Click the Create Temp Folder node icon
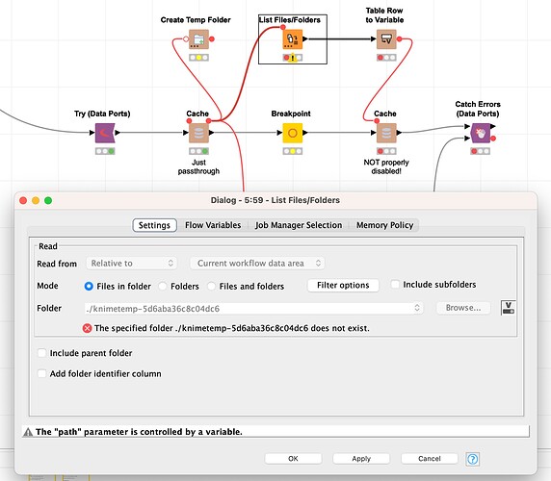[x=198, y=38]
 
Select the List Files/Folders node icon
[x=293, y=38]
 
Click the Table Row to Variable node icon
[x=386, y=38]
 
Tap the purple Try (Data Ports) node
[x=105, y=133]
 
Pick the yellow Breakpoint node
[x=293, y=133]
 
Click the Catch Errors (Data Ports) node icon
[x=481, y=133]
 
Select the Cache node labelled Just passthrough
[x=198, y=133]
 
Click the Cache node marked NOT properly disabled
[x=386, y=133]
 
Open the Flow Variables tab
[x=213, y=225]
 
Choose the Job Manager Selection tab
[x=299, y=225]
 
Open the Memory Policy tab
[x=384, y=225]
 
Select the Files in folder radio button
[x=89, y=287]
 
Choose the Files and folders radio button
[x=211, y=287]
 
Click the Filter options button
[x=343, y=285]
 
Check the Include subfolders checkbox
[x=395, y=284]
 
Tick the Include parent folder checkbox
[x=41, y=353]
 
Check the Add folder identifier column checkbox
[x=41, y=373]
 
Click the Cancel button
[x=430, y=459]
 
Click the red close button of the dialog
[x=23, y=200]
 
